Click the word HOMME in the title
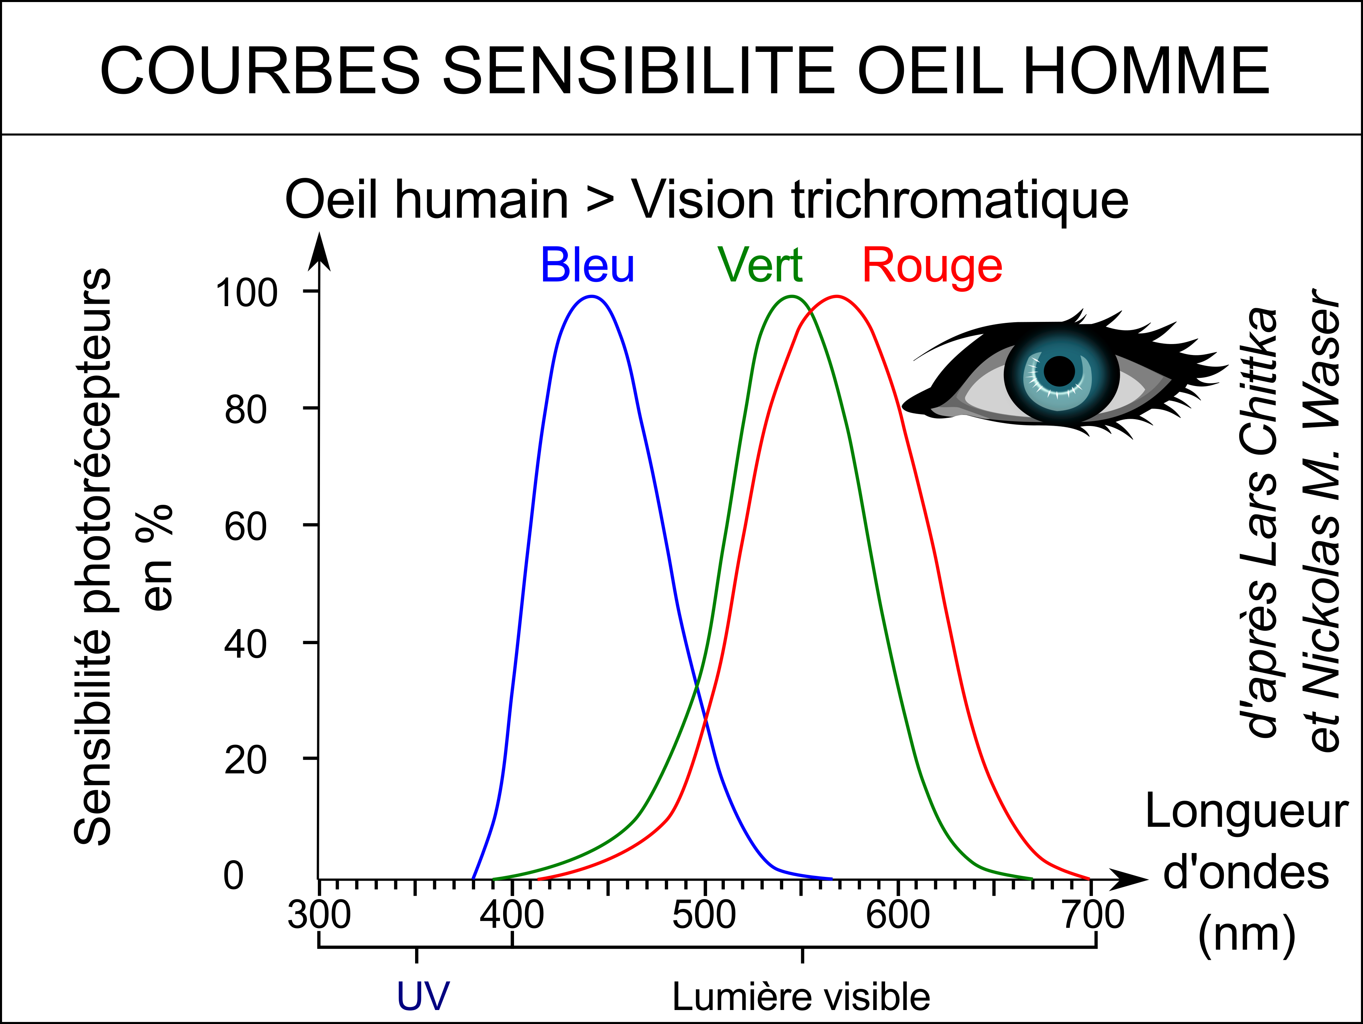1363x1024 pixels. coord(1146,71)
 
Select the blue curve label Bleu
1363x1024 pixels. coord(587,266)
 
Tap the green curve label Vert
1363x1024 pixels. coord(760,266)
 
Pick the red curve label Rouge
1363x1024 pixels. coord(932,266)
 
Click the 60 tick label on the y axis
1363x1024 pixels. coord(245,527)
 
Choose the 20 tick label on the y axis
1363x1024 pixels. coord(245,760)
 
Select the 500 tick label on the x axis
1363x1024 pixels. coord(704,915)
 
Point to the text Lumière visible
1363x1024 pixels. coord(801,997)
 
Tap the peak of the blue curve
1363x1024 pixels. coord(591,297)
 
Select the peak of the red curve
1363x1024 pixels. coord(837,297)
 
